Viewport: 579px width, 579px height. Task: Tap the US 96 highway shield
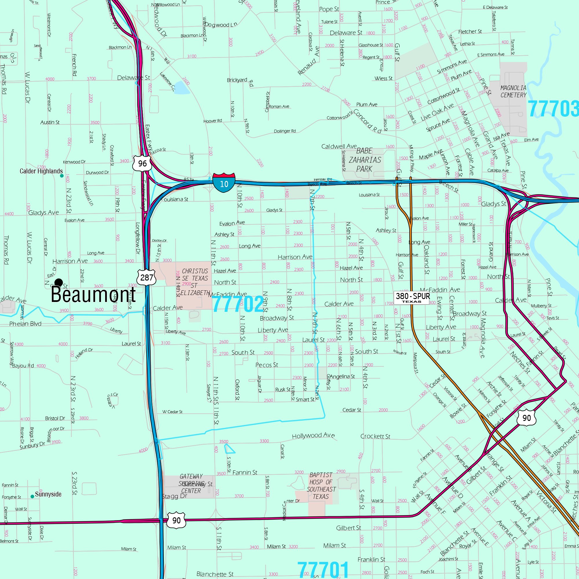point(142,163)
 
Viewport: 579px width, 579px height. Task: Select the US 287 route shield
point(146,277)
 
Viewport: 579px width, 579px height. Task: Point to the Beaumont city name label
point(93,295)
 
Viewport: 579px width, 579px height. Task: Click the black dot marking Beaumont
point(59,282)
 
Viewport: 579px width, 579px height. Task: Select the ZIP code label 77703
point(553,109)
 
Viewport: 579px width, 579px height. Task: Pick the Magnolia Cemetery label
point(513,91)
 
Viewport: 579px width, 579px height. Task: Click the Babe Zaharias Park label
point(364,160)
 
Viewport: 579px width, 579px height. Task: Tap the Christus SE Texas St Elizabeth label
point(195,282)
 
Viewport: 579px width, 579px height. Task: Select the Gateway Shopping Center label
point(191,483)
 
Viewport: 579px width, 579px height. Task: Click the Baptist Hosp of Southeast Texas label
point(321,485)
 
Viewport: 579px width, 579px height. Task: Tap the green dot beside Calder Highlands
point(62,176)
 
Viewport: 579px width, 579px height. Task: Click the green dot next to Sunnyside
point(32,496)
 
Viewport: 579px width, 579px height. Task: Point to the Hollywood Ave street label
point(313,435)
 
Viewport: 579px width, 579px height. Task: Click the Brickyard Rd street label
point(240,81)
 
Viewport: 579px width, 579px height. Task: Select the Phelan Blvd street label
point(25,324)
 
